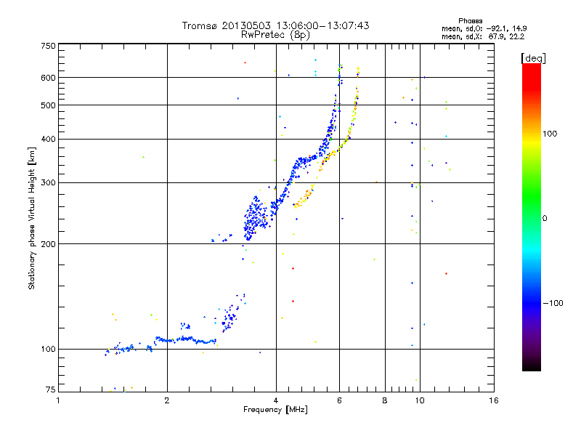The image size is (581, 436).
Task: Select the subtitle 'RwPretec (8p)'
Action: [275, 34]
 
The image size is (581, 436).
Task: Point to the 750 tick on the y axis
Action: [48, 45]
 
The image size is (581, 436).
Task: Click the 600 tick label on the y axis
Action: [48, 78]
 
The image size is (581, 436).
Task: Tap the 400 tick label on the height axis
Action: [48, 139]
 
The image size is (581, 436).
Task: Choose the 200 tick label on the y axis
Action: [48, 244]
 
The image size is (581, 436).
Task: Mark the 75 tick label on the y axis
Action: [50, 389]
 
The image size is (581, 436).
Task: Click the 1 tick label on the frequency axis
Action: [59, 400]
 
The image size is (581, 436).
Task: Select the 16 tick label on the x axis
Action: [493, 400]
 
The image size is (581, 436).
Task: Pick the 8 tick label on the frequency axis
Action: [385, 400]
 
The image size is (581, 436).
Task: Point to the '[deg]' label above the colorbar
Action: [534, 57]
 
